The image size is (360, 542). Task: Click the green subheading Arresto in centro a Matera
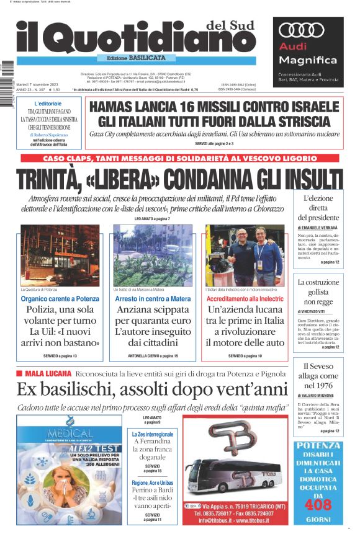[x=153, y=299]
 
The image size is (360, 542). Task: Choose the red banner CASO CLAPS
[x=179, y=158]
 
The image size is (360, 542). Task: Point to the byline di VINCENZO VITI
[x=314, y=311]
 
